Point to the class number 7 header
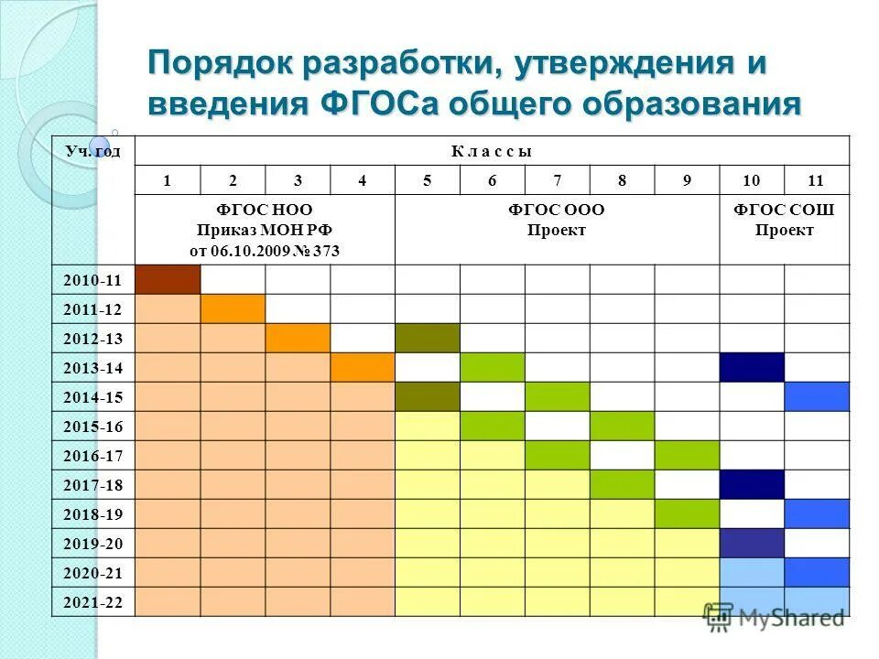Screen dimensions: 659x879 (557, 180)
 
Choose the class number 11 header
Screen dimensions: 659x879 (817, 180)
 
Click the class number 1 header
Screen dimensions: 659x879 (167, 180)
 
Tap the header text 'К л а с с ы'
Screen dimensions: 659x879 (492, 151)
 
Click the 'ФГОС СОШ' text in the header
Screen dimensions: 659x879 (784, 211)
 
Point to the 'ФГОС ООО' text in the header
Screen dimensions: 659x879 (557, 211)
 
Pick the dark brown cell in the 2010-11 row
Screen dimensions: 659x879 (168, 280)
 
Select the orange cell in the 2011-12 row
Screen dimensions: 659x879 (233, 309)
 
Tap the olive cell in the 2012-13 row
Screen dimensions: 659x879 (428, 339)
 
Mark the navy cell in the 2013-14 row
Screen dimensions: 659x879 (752, 368)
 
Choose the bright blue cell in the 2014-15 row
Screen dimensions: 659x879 (817, 397)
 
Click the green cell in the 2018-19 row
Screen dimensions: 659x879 (687, 514)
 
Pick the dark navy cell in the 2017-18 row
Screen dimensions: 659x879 (752, 485)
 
